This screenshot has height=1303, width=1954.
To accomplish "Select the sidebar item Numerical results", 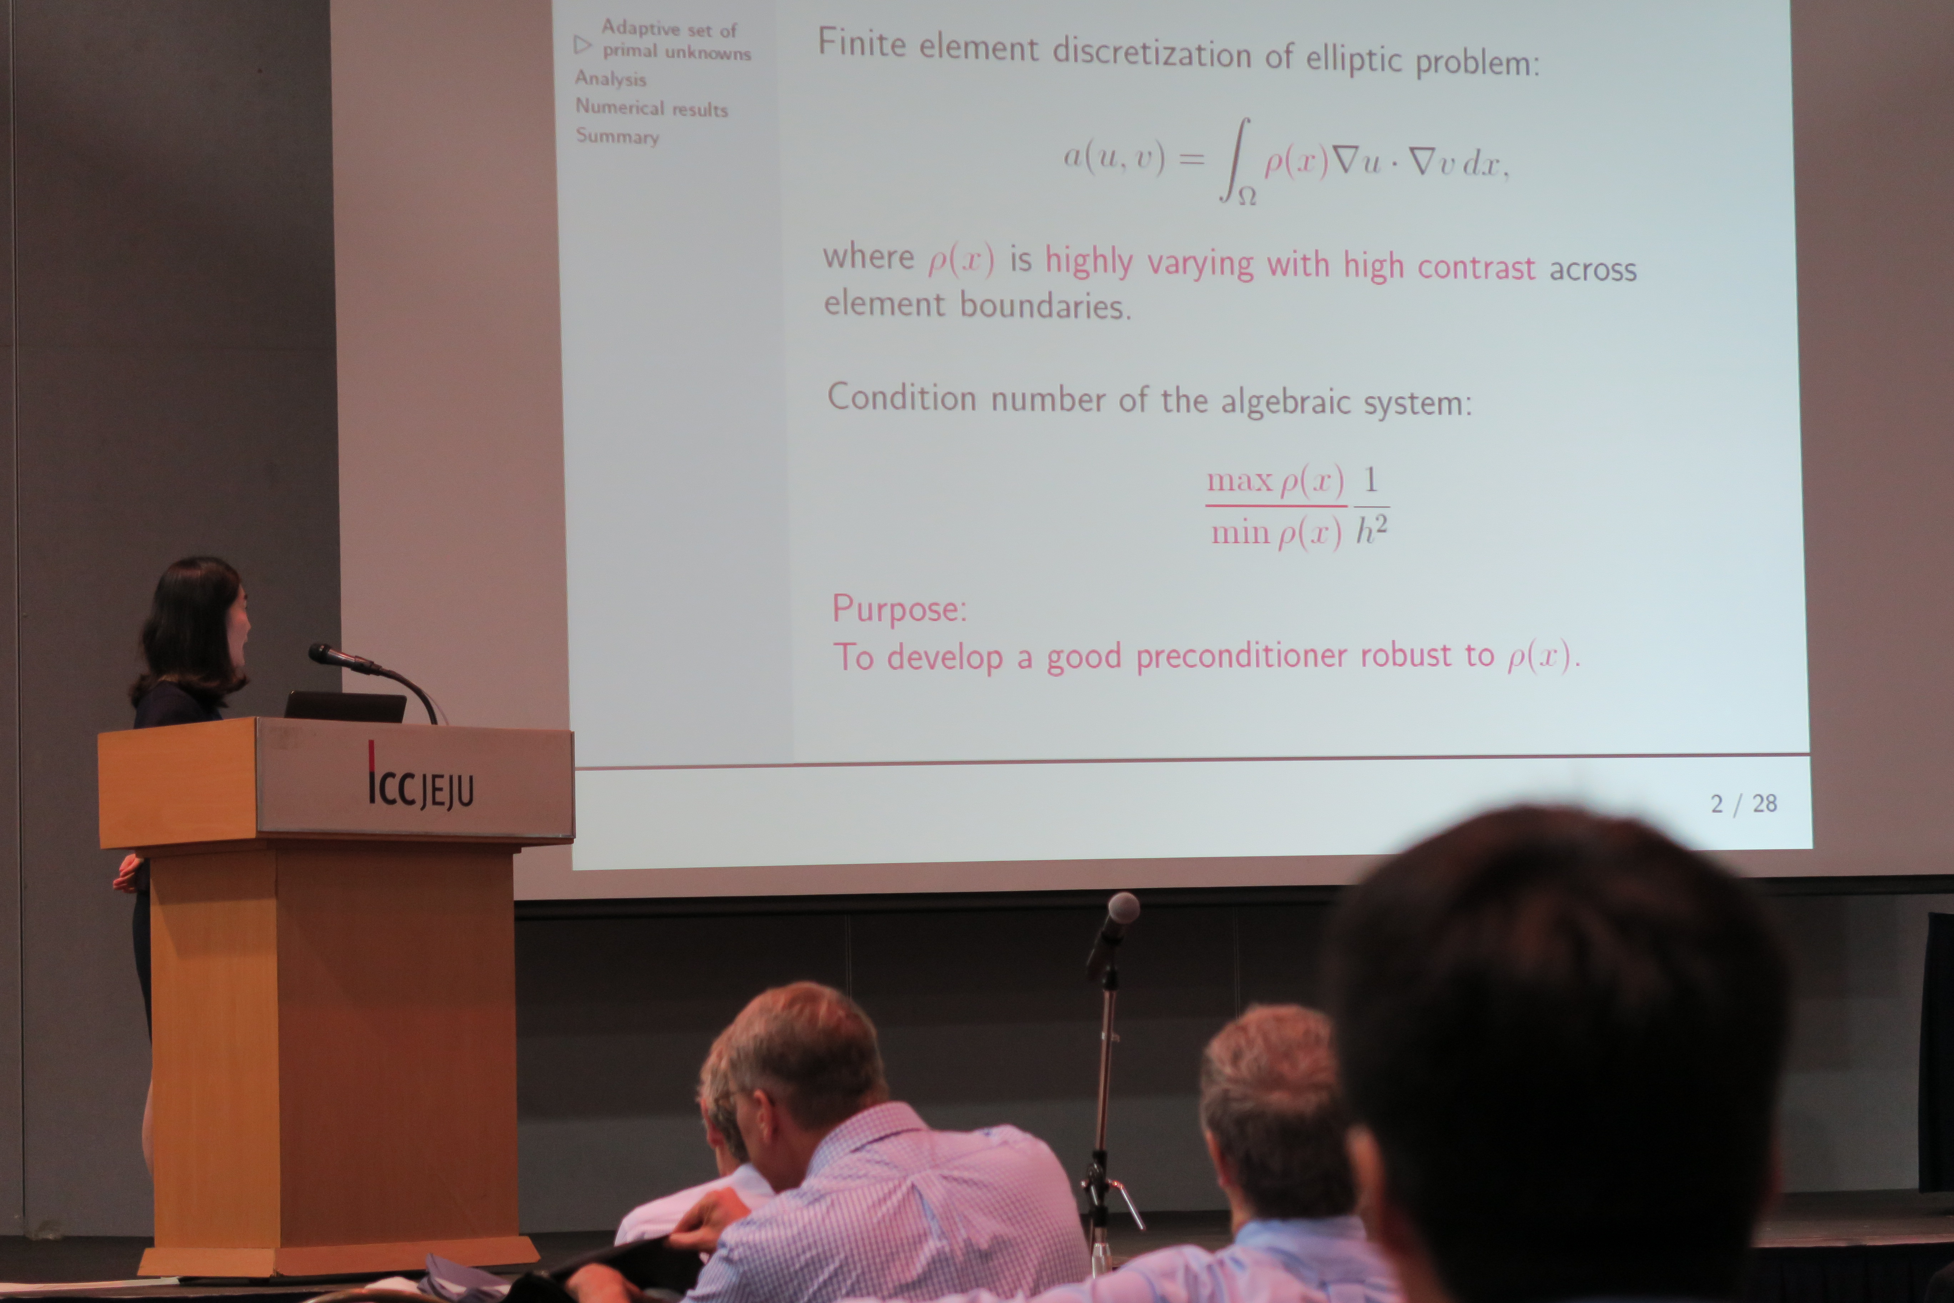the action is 651,108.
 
